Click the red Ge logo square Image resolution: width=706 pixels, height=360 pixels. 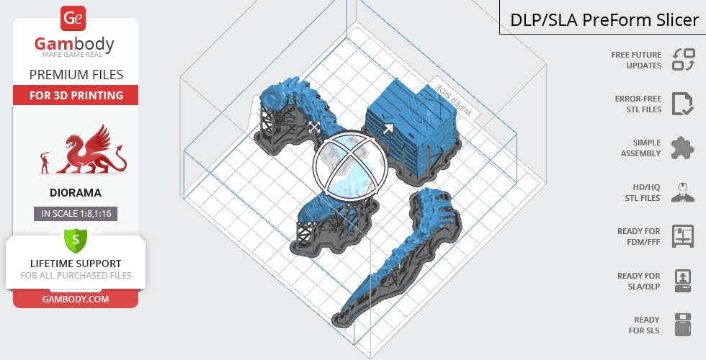click(73, 18)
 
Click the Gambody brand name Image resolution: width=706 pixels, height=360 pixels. click(74, 44)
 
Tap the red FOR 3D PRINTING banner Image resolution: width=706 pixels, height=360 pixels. click(76, 95)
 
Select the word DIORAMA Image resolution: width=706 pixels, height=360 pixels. click(76, 193)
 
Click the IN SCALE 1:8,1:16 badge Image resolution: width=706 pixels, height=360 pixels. click(76, 213)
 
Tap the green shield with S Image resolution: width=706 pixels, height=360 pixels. click(76, 240)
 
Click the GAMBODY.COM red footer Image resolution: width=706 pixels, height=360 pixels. click(76, 299)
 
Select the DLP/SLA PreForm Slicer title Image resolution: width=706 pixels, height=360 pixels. click(604, 20)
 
